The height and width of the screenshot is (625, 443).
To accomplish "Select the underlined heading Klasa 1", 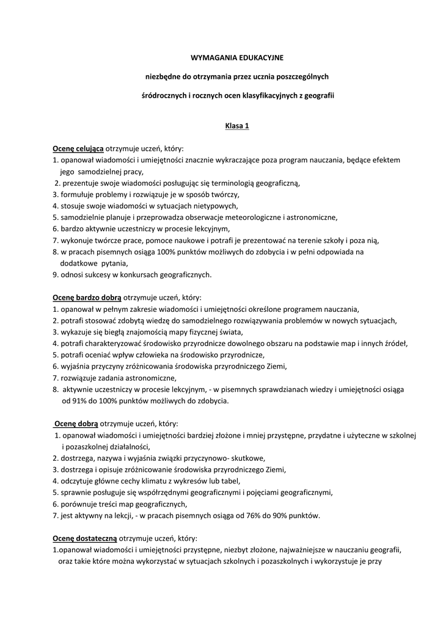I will pyautogui.click(x=237, y=126).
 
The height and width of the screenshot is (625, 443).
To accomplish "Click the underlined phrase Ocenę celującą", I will pyautogui.click(x=78, y=148).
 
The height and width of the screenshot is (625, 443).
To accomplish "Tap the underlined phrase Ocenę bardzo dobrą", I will pyautogui.click(x=86, y=297).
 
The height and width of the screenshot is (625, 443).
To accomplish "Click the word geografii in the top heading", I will pyautogui.click(x=320, y=96).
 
